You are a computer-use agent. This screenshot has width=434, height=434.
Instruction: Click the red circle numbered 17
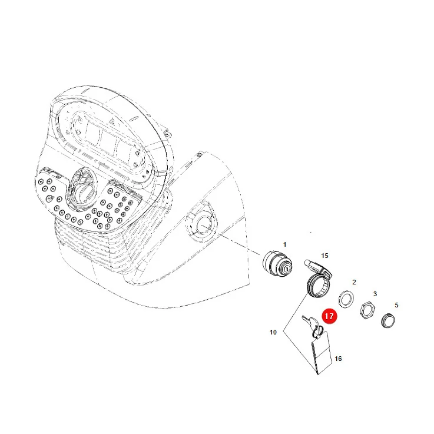329,316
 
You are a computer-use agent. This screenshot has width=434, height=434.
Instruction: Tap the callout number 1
284,245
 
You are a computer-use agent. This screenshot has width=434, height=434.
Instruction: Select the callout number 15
324,256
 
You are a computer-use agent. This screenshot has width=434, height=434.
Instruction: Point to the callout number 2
354,282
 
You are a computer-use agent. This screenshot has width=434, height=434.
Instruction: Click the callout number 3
375,294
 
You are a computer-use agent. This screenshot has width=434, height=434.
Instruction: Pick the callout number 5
396,305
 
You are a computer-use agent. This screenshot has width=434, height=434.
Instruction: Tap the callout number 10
273,332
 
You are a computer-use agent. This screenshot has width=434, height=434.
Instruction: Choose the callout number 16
338,359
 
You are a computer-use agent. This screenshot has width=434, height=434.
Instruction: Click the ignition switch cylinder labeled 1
277,264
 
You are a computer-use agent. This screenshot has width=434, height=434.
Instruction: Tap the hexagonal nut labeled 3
367,310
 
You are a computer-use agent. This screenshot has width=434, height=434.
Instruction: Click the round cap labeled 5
388,321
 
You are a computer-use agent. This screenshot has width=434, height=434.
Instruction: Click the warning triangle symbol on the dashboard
112,121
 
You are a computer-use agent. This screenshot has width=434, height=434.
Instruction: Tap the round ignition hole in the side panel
204,224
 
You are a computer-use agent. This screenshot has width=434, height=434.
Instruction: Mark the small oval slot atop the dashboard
134,119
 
